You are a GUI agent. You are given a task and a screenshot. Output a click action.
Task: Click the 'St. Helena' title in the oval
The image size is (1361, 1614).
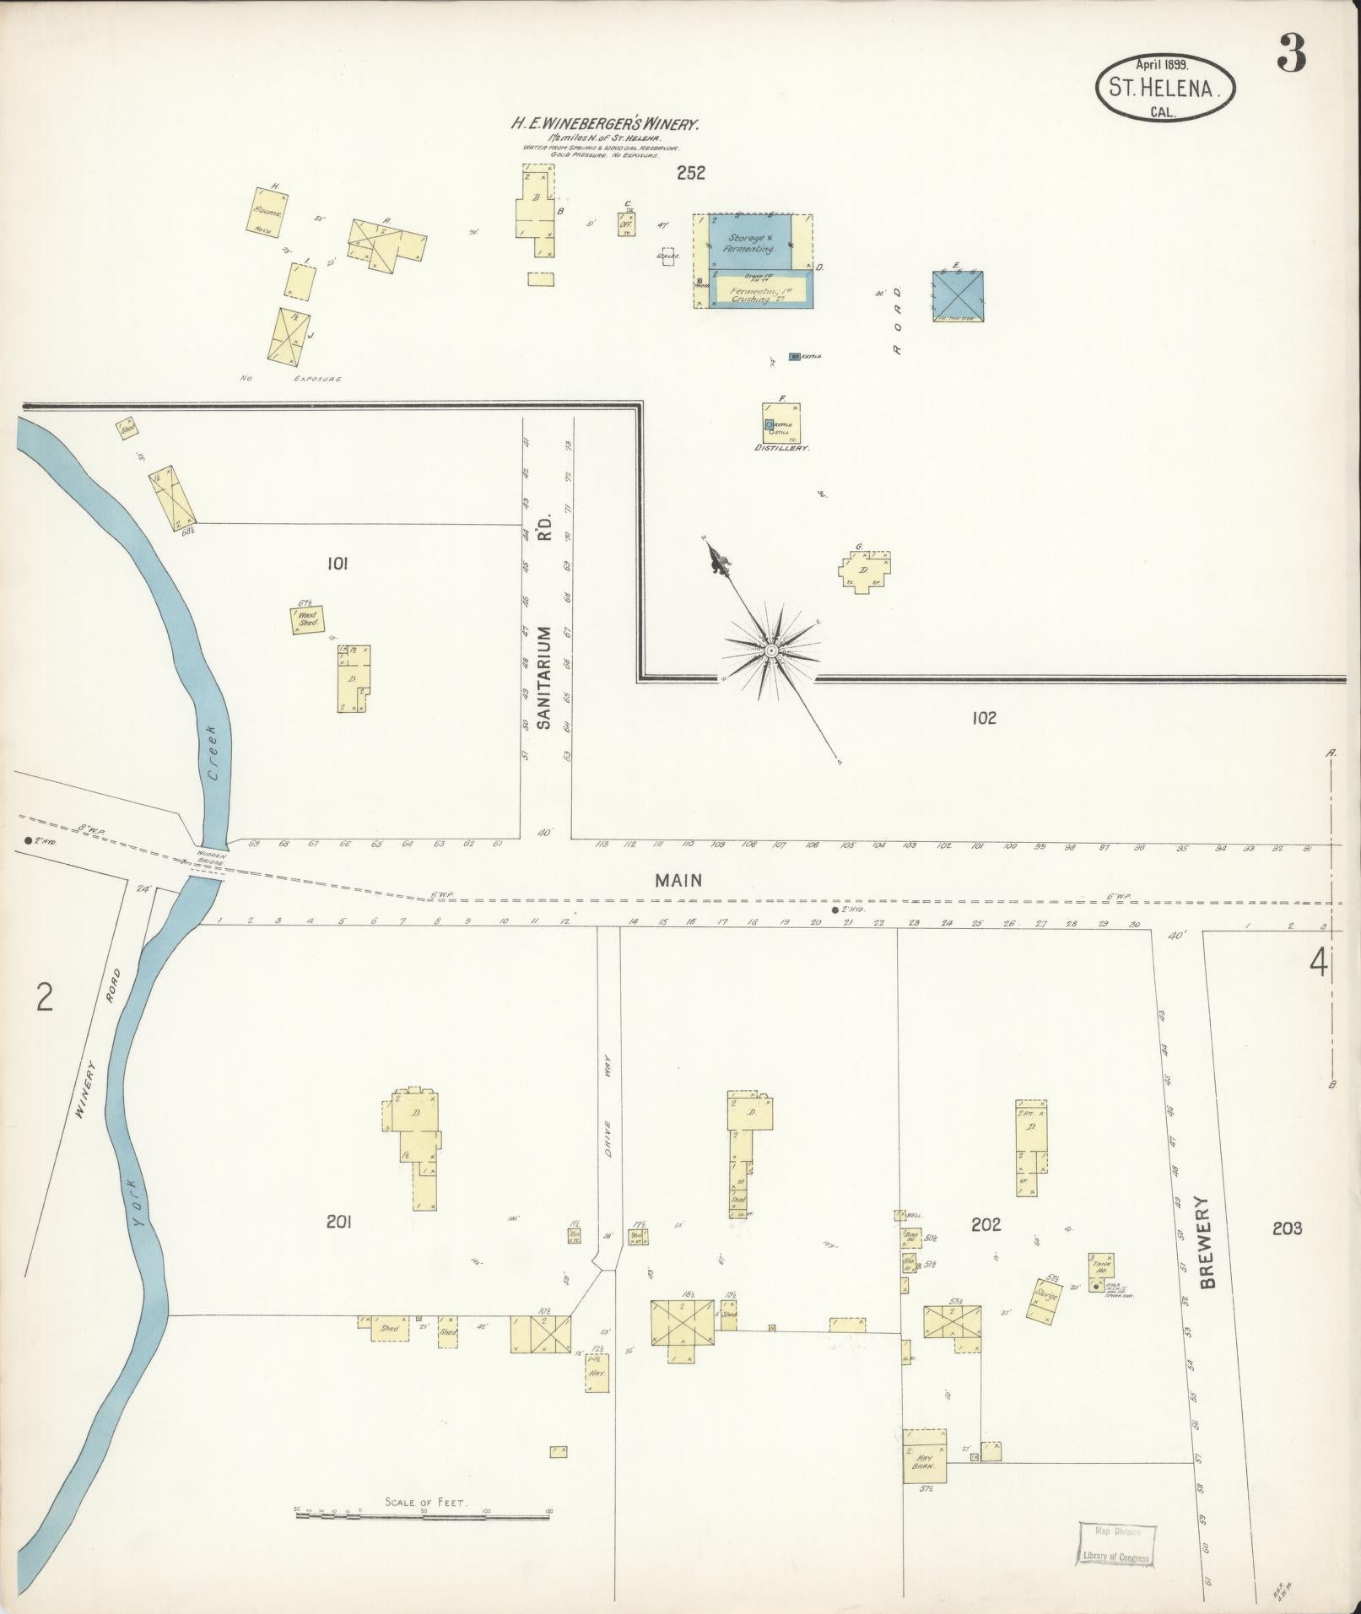click(1164, 88)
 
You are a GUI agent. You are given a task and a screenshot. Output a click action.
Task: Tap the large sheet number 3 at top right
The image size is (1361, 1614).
click(1291, 53)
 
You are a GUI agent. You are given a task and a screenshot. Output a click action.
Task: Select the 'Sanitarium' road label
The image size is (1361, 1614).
click(544, 677)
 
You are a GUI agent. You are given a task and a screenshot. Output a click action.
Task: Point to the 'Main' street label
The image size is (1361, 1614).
click(679, 881)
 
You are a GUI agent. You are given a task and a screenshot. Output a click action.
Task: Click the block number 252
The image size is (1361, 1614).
click(690, 173)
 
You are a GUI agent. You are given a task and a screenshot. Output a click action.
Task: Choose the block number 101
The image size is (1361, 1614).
click(337, 564)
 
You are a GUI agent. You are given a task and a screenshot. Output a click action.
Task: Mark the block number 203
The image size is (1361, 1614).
click(1287, 1228)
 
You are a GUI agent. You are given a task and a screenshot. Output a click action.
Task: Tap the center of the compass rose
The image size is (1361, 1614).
click(770, 650)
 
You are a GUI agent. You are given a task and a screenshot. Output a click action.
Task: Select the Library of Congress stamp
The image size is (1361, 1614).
click(1115, 1545)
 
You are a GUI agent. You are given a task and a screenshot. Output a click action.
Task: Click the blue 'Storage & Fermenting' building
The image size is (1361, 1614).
click(750, 243)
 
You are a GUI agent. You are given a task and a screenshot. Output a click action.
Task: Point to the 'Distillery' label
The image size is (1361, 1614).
click(782, 449)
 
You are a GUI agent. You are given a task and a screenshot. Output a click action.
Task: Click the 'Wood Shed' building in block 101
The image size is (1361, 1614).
click(307, 620)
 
